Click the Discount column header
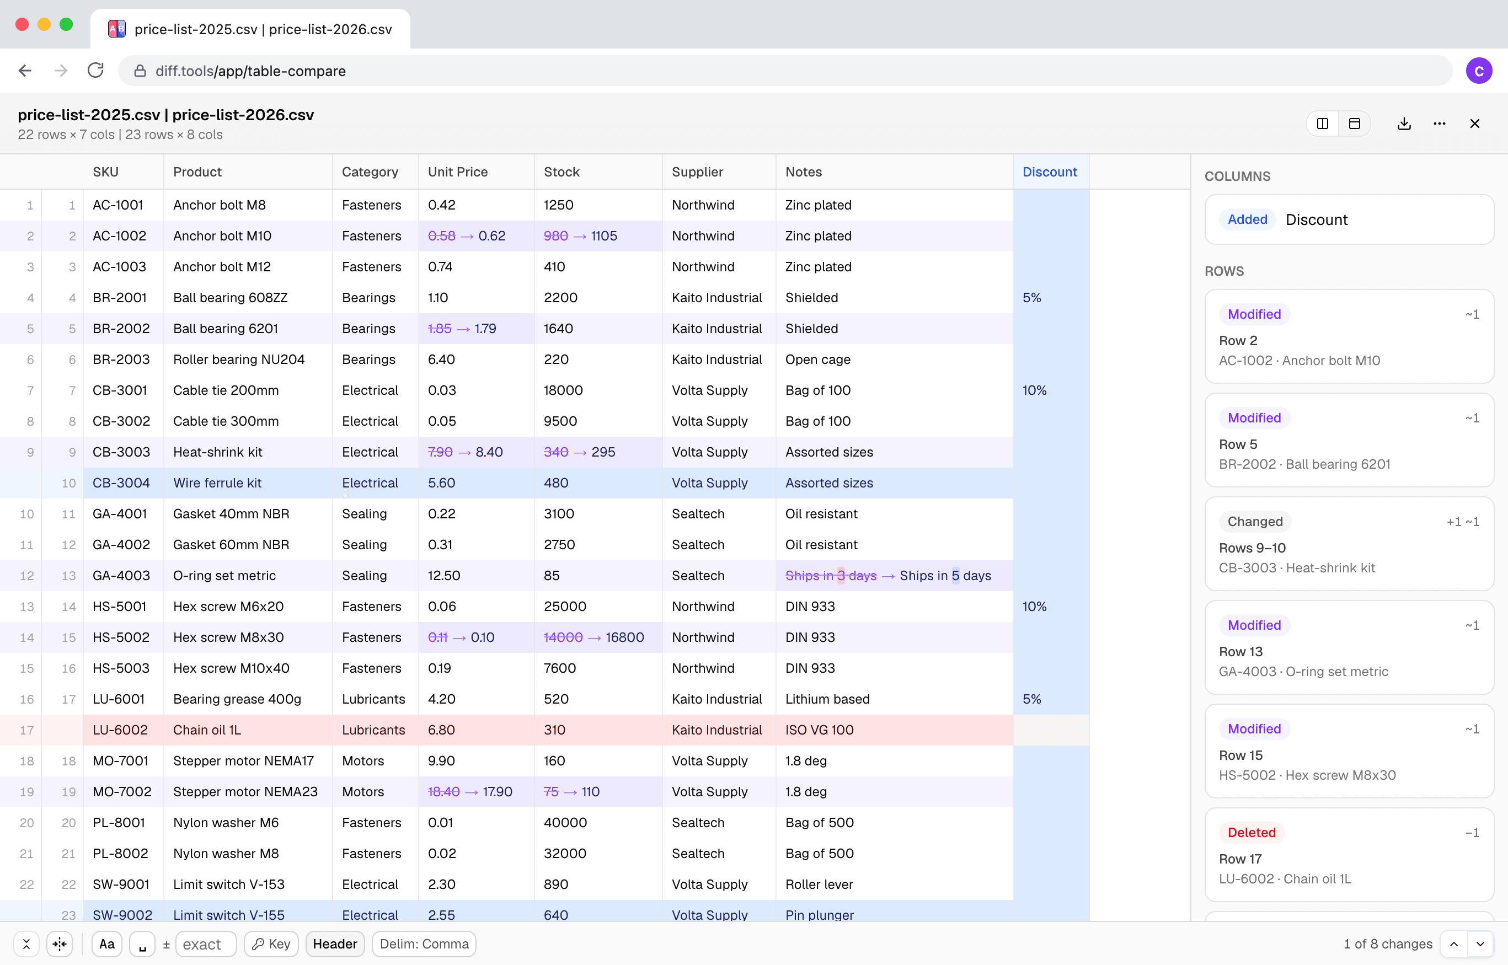(x=1049, y=171)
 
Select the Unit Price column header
(x=458, y=171)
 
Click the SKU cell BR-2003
(x=121, y=359)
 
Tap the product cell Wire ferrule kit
(x=217, y=482)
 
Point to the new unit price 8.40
(x=489, y=452)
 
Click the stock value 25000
(x=565, y=606)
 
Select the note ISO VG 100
(x=819, y=730)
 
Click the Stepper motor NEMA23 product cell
(x=245, y=791)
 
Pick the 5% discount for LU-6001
(x=1031, y=699)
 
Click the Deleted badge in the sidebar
(x=1251, y=832)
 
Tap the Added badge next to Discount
(x=1247, y=219)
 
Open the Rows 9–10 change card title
(x=1252, y=548)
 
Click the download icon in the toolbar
(x=1404, y=124)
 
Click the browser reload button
(x=95, y=70)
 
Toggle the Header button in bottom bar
(x=335, y=943)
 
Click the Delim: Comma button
(x=424, y=943)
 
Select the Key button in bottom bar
(x=271, y=943)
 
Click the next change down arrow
(x=1480, y=943)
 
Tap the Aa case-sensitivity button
(x=106, y=943)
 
